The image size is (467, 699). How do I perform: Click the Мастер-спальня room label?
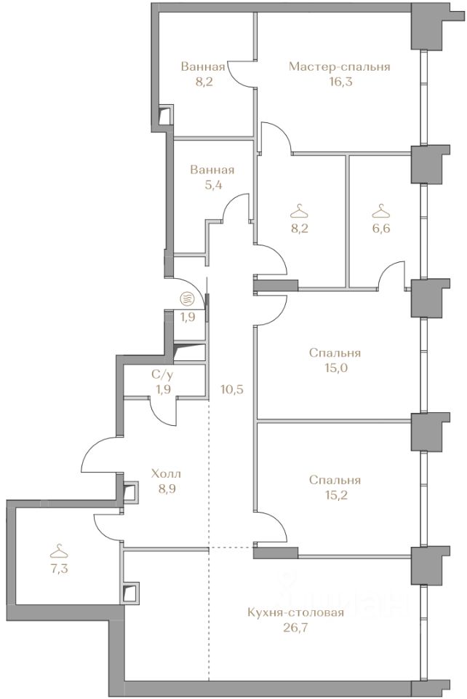339,67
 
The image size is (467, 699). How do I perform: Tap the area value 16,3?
339,82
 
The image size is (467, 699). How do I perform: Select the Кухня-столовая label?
295,612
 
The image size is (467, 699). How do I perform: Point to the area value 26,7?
295,628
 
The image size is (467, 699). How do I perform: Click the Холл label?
166,473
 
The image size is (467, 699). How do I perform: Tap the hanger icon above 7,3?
60,552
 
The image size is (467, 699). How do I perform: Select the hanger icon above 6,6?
381,210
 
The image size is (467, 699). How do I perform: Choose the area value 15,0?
335,368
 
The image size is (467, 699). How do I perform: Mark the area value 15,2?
335,495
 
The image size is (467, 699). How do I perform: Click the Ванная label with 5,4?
212,170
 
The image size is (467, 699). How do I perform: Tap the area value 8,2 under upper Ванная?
202,82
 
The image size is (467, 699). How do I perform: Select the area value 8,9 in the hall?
166,489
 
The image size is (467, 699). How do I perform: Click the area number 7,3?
60,569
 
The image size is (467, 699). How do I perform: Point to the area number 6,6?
381,228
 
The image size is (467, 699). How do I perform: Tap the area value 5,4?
213,184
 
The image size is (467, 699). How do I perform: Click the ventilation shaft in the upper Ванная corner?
166,115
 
